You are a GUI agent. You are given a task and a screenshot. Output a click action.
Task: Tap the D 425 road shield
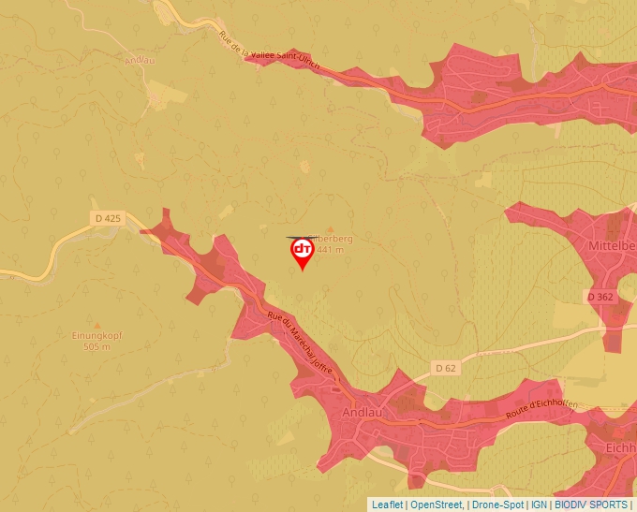[x=108, y=218]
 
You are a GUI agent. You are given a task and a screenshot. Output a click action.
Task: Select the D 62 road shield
[x=446, y=368]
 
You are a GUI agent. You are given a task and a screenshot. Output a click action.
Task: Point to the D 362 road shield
[x=600, y=296]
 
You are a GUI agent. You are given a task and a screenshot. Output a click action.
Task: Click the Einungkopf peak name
[x=96, y=335]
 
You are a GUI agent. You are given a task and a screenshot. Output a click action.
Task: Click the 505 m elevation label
[x=96, y=346]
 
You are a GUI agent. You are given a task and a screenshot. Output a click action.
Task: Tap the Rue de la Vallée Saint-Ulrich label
[x=269, y=51]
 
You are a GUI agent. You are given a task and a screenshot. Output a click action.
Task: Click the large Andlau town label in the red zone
[x=363, y=411]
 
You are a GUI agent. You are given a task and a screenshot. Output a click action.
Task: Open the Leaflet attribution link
[x=388, y=505]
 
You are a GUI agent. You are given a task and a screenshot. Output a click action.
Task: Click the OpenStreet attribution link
[x=437, y=505]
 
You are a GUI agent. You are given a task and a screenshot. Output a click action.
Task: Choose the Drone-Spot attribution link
[x=497, y=505]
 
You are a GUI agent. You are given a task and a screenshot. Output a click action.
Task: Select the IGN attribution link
[x=539, y=505]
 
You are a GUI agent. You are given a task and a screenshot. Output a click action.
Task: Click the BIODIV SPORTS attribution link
[x=591, y=505]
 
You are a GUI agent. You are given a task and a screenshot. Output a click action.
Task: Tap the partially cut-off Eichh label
[x=620, y=448]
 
